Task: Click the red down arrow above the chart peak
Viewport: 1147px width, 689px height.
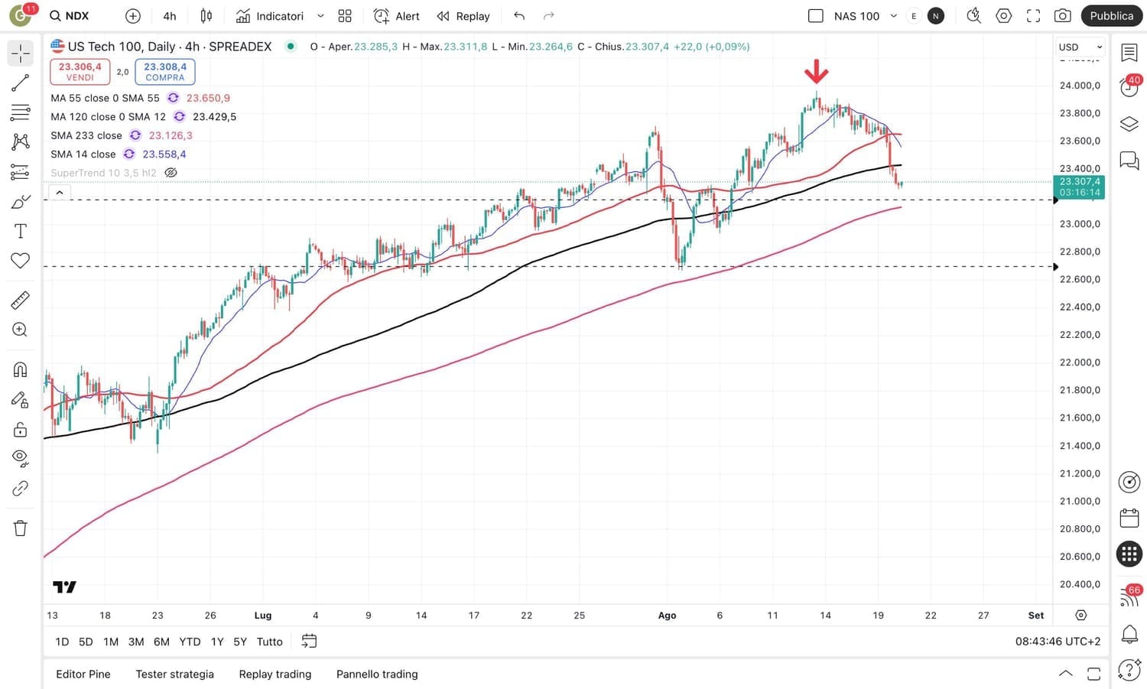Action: [x=816, y=71]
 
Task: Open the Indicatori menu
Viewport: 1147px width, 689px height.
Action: [x=279, y=16]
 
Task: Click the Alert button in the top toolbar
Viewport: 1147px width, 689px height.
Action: [x=397, y=16]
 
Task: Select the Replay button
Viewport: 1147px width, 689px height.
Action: [x=463, y=16]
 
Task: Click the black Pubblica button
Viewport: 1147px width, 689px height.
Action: [x=1111, y=16]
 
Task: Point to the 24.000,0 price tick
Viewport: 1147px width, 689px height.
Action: [x=1080, y=86]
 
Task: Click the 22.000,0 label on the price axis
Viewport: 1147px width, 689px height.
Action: [x=1080, y=362]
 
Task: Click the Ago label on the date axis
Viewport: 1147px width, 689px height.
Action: [x=667, y=615]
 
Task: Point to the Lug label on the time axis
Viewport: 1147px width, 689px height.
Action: [x=262, y=615]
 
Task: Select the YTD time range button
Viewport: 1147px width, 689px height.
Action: [x=190, y=642]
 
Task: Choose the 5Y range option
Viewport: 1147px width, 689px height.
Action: [x=240, y=642]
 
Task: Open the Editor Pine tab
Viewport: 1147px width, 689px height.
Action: [x=83, y=674]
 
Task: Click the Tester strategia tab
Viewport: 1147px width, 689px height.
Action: [x=174, y=674]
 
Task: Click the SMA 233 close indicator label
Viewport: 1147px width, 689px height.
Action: [x=86, y=135]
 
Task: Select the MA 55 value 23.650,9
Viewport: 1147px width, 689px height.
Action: [x=208, y=98]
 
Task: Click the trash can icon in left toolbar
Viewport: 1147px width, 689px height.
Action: [x=21, y=528]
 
